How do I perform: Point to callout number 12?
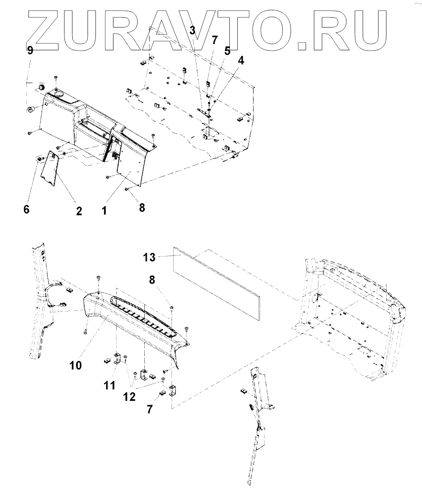129,397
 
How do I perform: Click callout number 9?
30,51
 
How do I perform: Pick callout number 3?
193,30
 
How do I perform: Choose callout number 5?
227,51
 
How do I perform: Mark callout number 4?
241,61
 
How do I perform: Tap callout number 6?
27,211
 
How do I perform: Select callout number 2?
79,211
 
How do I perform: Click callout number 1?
104,211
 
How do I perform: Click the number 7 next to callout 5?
214,41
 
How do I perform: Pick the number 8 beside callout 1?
142,208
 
